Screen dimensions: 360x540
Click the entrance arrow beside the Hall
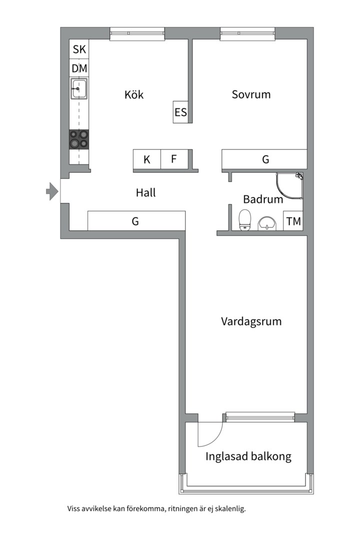pos(52,191)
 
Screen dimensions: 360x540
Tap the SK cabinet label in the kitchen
pos(79,49)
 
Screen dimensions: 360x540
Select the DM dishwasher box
pos(79,68)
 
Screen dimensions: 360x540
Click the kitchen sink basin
pos(79,88)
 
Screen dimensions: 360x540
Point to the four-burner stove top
pos(79,139)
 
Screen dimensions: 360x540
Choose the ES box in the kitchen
pos(180,112)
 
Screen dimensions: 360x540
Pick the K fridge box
pos(147,159)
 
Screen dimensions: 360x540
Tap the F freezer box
pos(174,159)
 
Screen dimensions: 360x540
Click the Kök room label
pos(134,94)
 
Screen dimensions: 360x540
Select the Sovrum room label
pos(251,94)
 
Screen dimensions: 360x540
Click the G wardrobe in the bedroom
pos(264,159)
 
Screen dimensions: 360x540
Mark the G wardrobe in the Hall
pos(136,221)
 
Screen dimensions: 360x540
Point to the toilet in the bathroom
pos(245,219)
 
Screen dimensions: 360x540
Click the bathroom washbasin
pos(267,223)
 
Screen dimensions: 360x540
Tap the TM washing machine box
pos(293,221)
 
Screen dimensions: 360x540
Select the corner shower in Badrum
pos(289,186)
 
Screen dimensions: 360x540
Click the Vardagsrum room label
pos(251,321)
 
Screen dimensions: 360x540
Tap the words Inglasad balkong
pos(248,456)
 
